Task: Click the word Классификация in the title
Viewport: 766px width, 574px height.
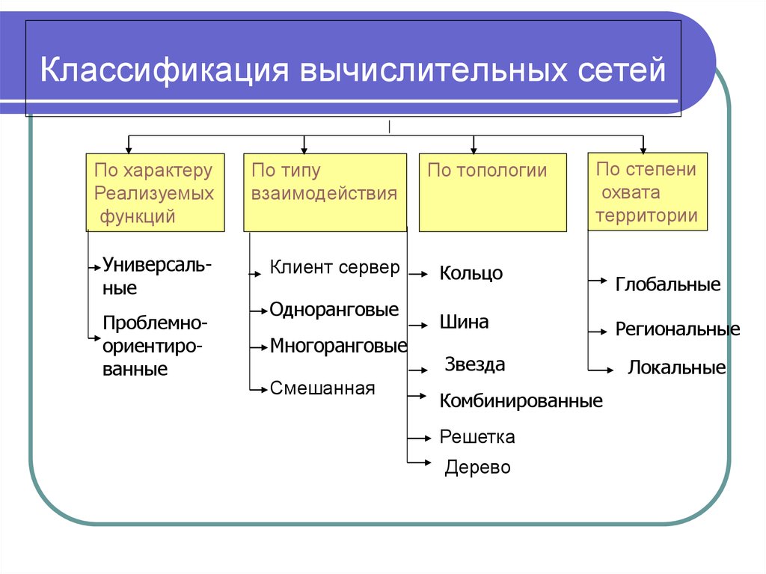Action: (165, 70)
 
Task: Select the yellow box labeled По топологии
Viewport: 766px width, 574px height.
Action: (493, 192)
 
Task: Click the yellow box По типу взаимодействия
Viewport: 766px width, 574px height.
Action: (325, 192)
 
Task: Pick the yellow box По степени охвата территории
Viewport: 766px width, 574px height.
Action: (647, 191)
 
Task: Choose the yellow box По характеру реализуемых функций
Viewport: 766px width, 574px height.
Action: (156, 192)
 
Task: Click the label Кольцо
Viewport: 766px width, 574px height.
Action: (471, 273)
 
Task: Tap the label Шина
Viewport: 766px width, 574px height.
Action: (464, 323)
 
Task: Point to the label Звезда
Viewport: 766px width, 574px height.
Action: (475, 364)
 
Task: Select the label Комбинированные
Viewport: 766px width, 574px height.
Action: (521, 401)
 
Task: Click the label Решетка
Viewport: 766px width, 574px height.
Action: (477, 436)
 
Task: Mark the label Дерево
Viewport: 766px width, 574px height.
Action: (478, 468)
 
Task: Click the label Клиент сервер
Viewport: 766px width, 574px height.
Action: (334, 267)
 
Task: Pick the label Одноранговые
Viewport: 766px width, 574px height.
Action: (334, 310)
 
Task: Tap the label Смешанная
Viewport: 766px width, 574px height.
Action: (322, 388)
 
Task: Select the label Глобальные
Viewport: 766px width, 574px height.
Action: (668, 284)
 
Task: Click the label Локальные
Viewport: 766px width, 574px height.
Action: (677, 367)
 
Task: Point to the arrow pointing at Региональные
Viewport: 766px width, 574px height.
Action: (598, 332)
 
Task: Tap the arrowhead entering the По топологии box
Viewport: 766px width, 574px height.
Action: (474, 150)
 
